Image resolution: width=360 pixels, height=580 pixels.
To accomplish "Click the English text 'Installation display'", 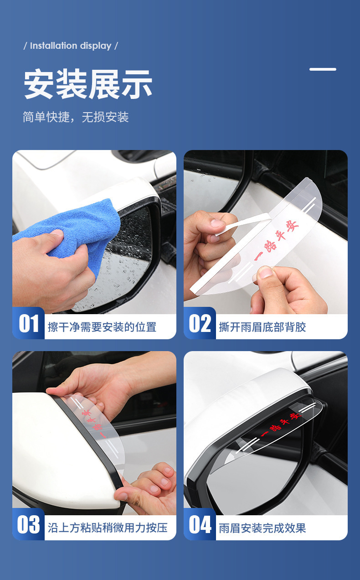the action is pos(71,46).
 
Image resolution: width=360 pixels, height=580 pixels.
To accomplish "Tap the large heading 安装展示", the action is pos(88,84).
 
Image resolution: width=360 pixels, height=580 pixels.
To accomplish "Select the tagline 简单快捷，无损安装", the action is pos(76,117).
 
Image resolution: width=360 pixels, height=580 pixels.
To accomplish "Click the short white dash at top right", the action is pos(323,69).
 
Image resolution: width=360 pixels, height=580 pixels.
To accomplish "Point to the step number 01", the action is pos(29,323).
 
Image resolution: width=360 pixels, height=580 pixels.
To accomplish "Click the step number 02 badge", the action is pos(200,323).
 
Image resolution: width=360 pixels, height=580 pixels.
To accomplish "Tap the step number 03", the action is pos(28,524).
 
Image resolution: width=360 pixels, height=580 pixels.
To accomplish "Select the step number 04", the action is pos(200,524).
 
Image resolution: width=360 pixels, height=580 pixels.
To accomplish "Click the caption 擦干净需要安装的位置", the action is pos(102,327).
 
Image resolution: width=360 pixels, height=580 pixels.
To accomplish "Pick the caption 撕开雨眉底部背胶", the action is pos(262,327).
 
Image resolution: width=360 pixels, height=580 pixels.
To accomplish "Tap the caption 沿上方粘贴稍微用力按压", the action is pos(108,528).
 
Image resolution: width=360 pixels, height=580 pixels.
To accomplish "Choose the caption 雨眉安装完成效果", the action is pos(262,528).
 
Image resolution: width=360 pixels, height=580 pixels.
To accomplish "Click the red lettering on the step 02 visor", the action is pos(276,241).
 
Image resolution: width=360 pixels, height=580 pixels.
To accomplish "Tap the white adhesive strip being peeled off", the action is pos(243,223).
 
